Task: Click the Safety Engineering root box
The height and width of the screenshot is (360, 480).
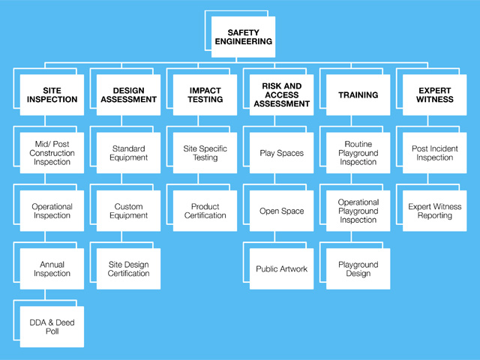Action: click(x=243, y=37)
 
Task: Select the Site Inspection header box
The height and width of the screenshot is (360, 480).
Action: click(x=52, y=95)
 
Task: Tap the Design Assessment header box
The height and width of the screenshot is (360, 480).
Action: click(x=128, y=95)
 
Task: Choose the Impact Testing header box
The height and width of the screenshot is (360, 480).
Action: click(x=205, y=95)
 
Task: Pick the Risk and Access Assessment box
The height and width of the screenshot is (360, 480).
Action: click(x=282, y=95)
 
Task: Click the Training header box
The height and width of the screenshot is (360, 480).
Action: click(x=358, y=95)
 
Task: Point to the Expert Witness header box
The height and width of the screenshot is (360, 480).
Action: click(x=435, y=95)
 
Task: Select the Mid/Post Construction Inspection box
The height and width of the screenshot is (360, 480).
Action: click(x=52, y=153)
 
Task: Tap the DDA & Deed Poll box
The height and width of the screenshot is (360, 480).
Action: click(x=52, y=327)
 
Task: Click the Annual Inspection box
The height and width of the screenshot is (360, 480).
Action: click(x=52, y=268)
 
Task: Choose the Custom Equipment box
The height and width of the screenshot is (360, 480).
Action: click(x=128, y=211)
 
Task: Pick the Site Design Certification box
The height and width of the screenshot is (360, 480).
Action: click(x=128, y=268)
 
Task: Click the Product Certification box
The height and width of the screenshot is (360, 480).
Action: click(x=205, y=211)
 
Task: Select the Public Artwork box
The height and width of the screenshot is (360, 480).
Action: click(x=282, y=268)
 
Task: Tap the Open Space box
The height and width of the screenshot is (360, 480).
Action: click(x=282, y=211)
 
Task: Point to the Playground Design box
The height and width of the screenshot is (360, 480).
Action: click(x=358, y=268)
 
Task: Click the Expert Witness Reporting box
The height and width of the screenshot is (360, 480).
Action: click(x=435, y=211)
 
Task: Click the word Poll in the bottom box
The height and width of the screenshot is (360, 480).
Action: click(x=52, y=331)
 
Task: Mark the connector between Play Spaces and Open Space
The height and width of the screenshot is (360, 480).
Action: click(x=274, y=178)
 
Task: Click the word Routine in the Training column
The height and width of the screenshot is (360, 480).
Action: click(x=358, y=144)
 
